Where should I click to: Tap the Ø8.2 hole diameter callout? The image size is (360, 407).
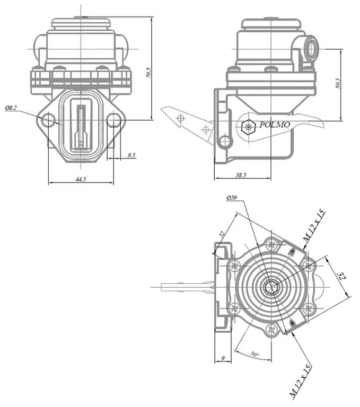click(x=11, y=108)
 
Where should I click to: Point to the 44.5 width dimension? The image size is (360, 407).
click(x=81, y=180)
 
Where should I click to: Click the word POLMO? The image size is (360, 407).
click(x=275, y=125)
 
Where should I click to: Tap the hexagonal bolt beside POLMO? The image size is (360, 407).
click(x=247, y=126)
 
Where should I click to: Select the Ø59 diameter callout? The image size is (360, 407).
click(x=231, y=198)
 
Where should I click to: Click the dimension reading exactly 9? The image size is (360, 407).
click(x=223, y=359)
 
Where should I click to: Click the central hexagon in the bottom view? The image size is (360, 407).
click(x=271, y=287)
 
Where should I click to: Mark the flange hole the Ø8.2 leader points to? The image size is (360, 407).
click(x=48, y=120)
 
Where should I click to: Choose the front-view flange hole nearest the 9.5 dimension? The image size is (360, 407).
click(x=113, y=120)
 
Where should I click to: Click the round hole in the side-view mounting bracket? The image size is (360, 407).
click(x=225, y=141)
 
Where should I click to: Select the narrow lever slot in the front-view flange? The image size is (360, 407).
click(x=81, y=126)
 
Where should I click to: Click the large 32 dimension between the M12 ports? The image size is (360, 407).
click(x=341, y=276)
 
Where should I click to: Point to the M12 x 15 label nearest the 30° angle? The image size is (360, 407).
click(x=300, y=381)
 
